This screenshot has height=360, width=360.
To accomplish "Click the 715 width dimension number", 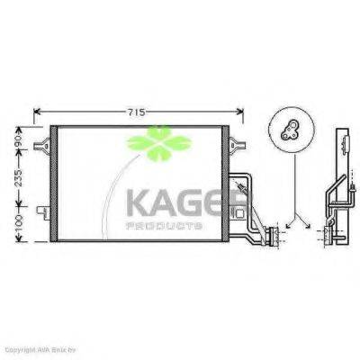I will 137,112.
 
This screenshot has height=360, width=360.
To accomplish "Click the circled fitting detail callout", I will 292,129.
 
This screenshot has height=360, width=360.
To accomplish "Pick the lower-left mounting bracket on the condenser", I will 40,212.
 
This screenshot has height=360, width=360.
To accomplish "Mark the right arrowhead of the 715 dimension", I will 243,114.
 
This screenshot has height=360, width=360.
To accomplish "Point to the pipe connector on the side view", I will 325,236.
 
